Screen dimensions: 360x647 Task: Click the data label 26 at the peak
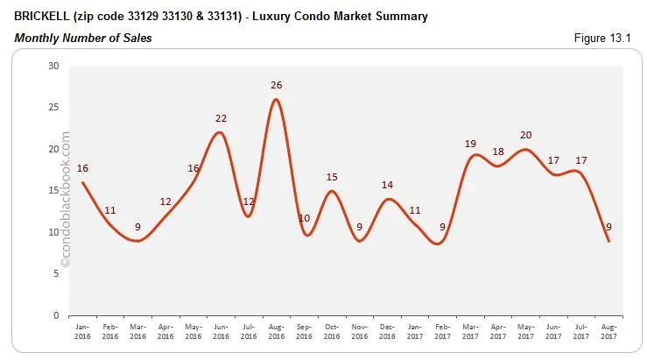pyautogui.click(x=277, y=85)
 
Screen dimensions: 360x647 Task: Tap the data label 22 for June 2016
pyautogui.click(x=222, y=118)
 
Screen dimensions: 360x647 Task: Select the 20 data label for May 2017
pyautogui.click(x=525, y=135)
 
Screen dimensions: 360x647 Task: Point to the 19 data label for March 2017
pyautogui.click(x=470, y=143)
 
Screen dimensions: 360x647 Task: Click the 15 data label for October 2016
pyautogui.click(x=332, y=177)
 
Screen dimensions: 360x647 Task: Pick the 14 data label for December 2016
pyautogui.click(x=387, y=185)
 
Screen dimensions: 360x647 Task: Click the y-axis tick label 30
pyautogui.click(x=54, y=67)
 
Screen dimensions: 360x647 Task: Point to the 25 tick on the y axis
pyautogui.click(x=54, y=108)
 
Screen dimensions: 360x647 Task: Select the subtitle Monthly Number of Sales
pyautogui.click(x=83, y=38)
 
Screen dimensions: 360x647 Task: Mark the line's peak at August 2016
pyautogui.click(x=277, y=99)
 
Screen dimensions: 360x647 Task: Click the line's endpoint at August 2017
pyautogui.click(x=608, y=241)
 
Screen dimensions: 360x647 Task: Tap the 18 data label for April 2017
pyautogui.click(x=497, y=152)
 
